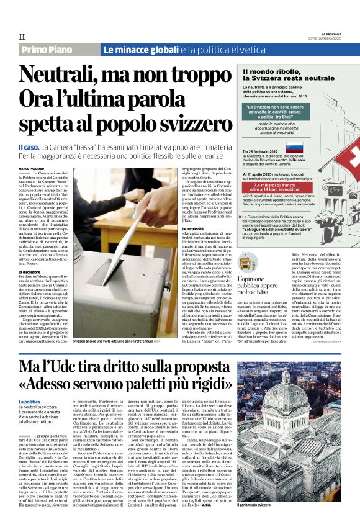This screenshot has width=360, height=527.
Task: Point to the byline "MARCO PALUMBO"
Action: [32, 169]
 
